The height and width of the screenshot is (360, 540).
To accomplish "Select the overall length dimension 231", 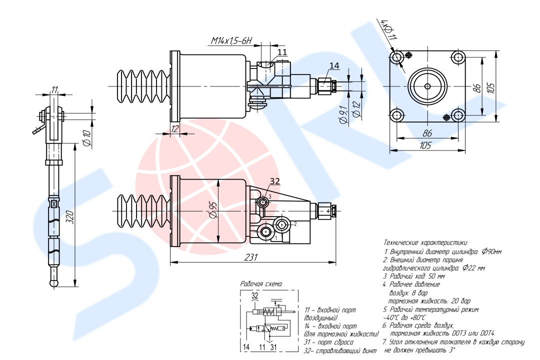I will click(252, 257).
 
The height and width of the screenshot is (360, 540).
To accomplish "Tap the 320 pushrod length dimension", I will click(70, 217).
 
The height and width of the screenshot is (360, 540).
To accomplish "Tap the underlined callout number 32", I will click(275, 181).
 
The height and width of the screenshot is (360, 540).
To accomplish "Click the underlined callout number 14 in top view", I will click(334, 65).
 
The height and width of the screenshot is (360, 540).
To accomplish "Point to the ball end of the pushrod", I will click(53, 282).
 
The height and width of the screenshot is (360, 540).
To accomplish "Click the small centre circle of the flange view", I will click(427, 86).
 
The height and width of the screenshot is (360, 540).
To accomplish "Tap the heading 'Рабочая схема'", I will click(261, 283).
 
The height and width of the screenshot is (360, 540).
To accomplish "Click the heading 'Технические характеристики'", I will click(425, 242).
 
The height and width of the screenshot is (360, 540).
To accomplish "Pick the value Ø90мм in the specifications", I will click(490, 251).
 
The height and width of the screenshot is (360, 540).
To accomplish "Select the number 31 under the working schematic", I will click(272, 346).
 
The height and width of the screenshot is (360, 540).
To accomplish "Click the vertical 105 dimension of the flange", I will click(492, 87).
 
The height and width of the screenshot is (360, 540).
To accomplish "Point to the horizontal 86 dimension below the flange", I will click(427, 133).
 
